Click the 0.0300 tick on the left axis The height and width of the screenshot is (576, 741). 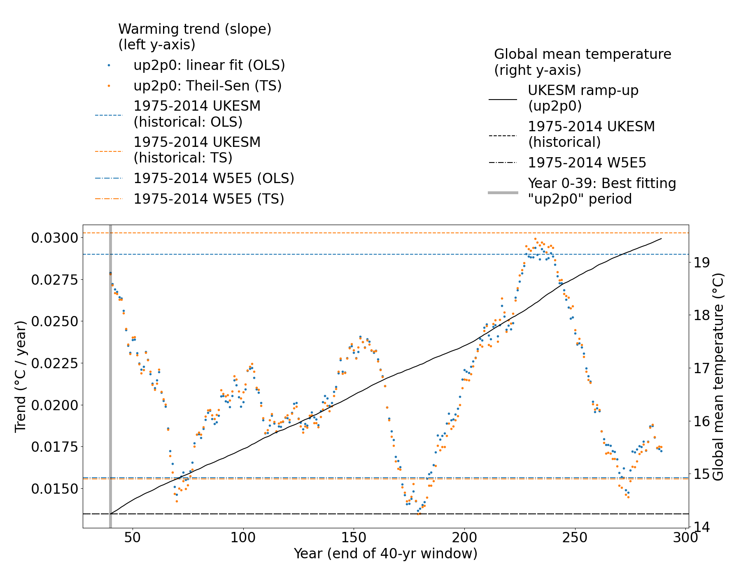54,238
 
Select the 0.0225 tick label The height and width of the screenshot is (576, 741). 54,363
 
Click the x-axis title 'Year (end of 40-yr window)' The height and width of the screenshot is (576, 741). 385,554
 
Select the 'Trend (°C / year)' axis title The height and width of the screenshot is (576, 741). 20,376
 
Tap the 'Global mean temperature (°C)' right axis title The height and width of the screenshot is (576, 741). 718,376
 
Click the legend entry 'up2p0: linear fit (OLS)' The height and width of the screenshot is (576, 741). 209,65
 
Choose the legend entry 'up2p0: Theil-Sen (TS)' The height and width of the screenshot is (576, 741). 207,86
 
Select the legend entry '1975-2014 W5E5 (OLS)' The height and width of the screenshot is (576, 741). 214,178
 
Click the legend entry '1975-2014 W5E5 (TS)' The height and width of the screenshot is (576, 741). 209,199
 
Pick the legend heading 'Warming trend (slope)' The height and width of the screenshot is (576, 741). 195,29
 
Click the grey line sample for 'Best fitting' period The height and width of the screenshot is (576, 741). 503,192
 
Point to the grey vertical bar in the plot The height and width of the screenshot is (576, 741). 110,370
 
